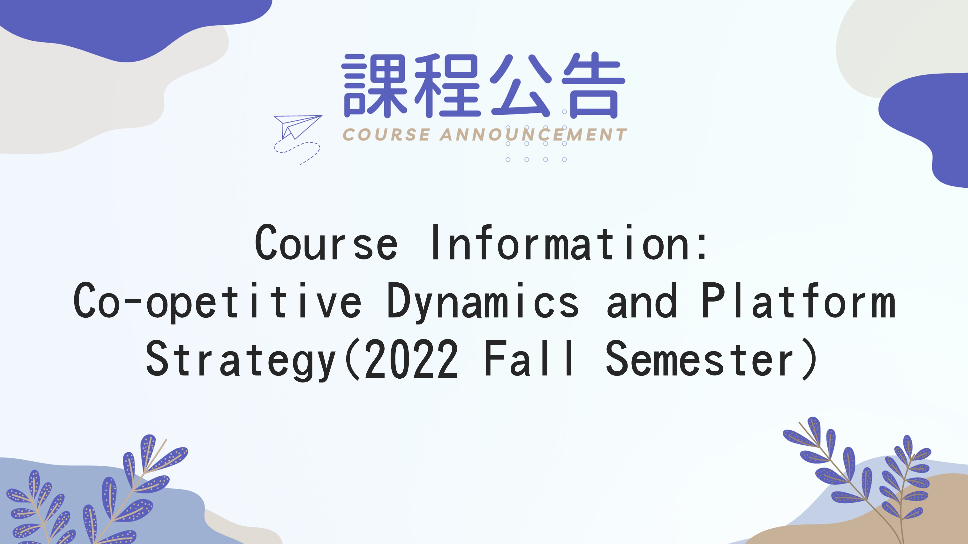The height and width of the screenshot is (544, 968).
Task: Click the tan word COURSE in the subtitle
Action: coord(386,135)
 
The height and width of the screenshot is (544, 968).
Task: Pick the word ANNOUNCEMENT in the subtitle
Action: coord(533,135)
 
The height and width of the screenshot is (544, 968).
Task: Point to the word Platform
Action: coord(799,300)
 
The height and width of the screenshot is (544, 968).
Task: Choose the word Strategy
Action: coord(241,360)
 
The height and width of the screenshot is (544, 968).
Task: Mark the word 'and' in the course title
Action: coord(642,300)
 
